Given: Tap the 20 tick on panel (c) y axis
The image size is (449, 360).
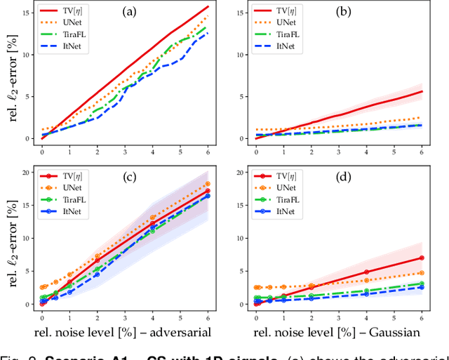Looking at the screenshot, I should (x=28, y=173).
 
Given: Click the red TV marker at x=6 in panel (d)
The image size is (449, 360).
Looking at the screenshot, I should (x=421, y=258).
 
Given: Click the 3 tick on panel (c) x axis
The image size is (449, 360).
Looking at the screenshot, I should (x=125, y=312).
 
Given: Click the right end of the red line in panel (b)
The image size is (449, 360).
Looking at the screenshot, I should (x=421, y=91).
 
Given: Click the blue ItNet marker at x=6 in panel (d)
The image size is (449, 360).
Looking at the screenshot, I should (x=421, y=287).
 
